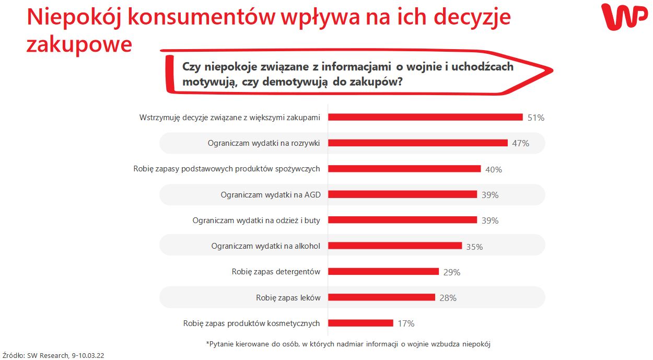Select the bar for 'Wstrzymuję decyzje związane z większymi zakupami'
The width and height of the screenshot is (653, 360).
tap(425, 117)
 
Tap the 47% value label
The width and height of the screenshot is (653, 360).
tap(520, 143)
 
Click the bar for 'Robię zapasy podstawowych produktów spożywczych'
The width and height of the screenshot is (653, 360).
tap(404, 169)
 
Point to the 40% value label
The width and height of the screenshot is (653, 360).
tap(493, 169)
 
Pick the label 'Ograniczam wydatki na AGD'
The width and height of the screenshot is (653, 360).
tap(271, 194)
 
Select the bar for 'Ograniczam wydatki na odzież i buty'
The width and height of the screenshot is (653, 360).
tap(402, 220)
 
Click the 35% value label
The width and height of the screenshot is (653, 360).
tap(474, 247)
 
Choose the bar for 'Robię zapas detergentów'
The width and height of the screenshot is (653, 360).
tap(383, 272)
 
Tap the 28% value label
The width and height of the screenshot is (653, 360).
tap(448, 298)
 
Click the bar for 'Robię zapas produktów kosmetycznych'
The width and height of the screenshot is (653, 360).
tap(360, 323)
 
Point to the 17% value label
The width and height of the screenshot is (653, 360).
tap(406, 323)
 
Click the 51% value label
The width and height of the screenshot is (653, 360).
tap(535, 118)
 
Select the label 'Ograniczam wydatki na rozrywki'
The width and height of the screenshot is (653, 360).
tap(264, 143)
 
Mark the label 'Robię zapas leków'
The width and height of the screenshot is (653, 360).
tap(288, 297)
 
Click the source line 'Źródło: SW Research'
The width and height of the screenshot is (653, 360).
tap(53, 355)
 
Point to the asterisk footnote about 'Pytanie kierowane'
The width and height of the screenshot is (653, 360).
tap(348, 344)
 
